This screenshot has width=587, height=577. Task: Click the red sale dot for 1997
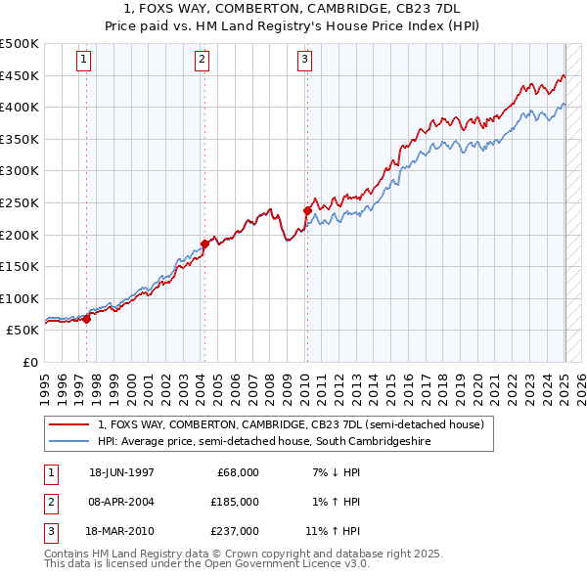(x=87, y=318)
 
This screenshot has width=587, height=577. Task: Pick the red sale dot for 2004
(x=204, y=244)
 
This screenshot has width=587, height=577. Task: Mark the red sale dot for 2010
(x=307, y=210)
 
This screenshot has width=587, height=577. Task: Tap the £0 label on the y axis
(x=29, y=362)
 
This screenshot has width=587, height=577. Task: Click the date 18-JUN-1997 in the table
(x=121, y=472)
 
